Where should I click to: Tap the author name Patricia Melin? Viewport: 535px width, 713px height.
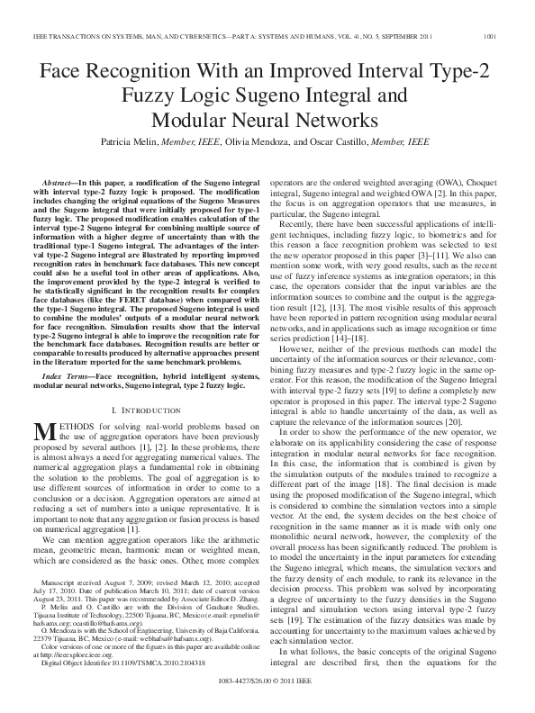coord(136,142)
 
